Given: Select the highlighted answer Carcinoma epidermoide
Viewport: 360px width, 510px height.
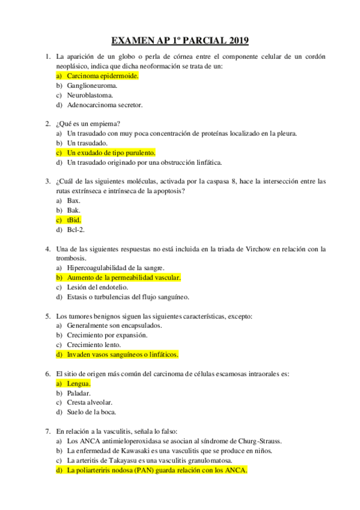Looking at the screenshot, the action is pos(102,76).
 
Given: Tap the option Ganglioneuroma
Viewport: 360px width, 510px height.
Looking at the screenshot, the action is pos(92,86).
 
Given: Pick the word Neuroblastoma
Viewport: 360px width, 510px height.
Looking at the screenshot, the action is pos(91,95).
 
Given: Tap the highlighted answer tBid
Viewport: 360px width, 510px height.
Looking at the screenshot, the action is pos(74,220).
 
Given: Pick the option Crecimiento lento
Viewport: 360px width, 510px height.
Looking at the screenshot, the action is pos(94,344).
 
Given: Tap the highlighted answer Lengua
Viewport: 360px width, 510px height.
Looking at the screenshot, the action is pos(79,383).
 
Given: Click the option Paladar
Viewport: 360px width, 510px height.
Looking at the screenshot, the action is pos(79,392).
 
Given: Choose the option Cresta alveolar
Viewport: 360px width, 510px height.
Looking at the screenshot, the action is pos(90,402).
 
